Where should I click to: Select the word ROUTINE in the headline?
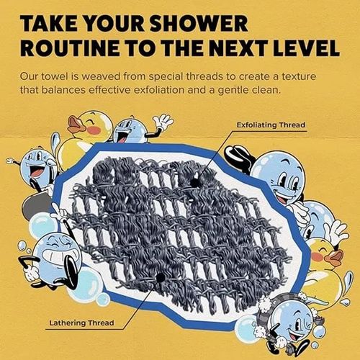tap(69, 49)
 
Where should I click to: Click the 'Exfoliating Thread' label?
tap(271, 126)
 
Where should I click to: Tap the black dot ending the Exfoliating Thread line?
tap(194, 183)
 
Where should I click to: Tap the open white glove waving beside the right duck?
tap(336, 232)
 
